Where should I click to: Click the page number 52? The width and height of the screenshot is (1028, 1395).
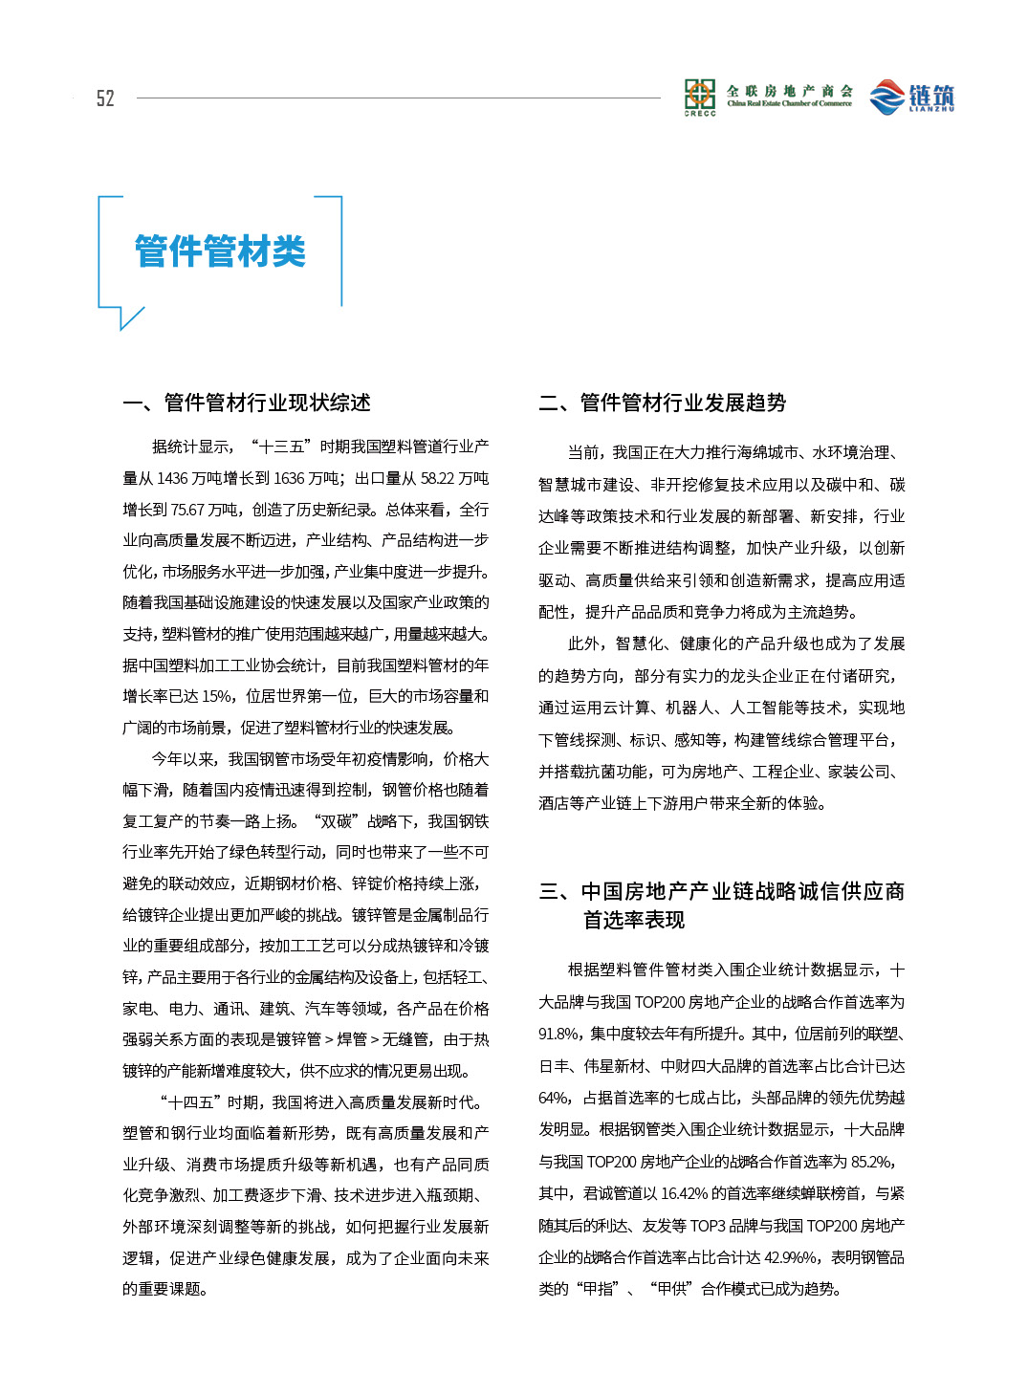click(x=105, y=98)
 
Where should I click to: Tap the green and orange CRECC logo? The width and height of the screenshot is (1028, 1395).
click(x=700, y=97)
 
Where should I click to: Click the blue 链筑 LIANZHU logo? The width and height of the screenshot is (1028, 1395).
click(x=912, y=97)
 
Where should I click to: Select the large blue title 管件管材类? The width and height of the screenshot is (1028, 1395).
click(x=220, y=251)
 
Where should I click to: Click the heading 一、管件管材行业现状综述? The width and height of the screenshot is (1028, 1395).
click(x=247, y=403)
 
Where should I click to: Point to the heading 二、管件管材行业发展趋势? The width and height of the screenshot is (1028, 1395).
click(x=662, y=403)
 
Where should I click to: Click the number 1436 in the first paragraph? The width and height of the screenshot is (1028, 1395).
click(x=172, y=478)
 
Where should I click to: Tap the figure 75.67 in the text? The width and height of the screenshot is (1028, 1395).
click(x=188, y=510)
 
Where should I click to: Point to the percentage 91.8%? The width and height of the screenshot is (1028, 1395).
click(x=559, y=1034)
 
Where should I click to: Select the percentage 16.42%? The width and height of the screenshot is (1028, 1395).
click(x=684, y=1193)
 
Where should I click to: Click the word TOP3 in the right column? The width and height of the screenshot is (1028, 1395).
click(x=707, y=1226)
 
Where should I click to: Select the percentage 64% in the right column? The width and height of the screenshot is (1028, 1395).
click(x=555, y=1098)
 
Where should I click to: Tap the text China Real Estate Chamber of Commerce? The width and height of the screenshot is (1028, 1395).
click(x=789, y=103)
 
